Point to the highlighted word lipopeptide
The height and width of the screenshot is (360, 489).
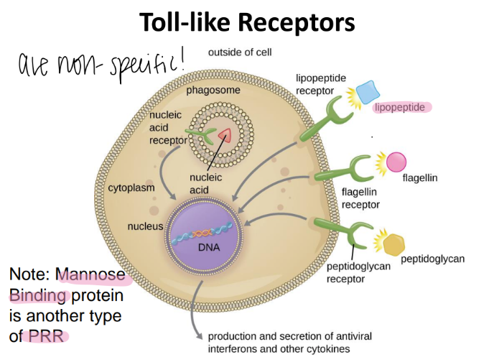404,107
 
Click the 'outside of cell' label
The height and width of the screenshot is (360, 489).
240,53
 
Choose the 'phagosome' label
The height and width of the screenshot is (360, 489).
213,91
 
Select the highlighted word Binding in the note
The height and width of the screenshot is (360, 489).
38,295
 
